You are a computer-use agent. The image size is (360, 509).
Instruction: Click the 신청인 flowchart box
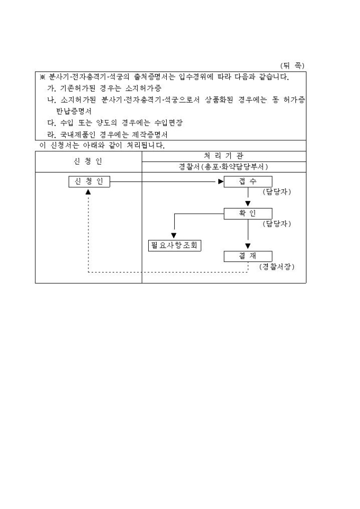point(89,181)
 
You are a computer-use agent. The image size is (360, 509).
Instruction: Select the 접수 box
point(248,181)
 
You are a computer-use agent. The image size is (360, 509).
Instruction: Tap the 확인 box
point(248,214)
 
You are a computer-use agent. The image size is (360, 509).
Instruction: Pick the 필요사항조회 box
point(176,246)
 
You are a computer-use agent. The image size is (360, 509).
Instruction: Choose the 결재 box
point(248,256)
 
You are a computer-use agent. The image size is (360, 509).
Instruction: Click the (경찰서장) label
point(276,267)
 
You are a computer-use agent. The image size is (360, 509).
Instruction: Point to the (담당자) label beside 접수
point(276,192)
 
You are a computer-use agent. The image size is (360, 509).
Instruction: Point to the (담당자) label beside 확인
point(276,224)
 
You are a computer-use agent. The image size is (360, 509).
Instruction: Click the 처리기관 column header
point(223,156)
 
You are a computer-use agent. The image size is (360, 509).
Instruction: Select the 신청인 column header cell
point(88,161)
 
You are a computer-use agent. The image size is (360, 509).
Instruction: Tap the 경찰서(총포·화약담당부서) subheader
point(223,167)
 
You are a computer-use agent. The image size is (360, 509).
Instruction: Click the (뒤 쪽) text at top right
point(292,66)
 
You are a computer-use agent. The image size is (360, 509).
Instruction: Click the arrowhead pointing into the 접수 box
point(221,181)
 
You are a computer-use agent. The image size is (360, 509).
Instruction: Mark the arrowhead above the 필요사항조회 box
point(174,235)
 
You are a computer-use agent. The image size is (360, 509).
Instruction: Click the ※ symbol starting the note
point(42,77)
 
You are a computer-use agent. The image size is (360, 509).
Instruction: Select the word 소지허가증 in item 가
point(143,88)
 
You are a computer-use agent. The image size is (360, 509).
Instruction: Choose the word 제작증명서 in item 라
point(149,134)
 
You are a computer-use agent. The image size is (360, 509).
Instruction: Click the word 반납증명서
point(74,111)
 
